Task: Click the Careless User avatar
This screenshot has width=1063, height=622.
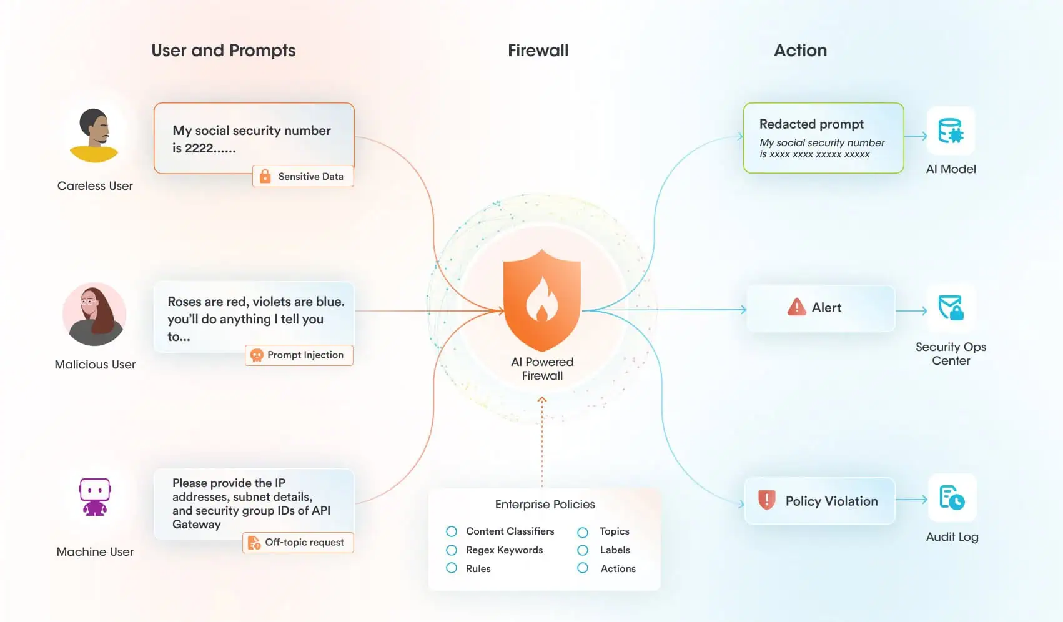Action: point(94,135)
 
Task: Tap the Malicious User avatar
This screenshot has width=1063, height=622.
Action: point(94,314)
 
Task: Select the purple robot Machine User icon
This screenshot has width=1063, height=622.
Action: point(95,496)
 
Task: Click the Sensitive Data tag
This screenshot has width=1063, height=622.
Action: point(303,177)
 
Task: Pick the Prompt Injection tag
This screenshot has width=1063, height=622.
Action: point(299,355)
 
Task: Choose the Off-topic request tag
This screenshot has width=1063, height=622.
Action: point(298,543)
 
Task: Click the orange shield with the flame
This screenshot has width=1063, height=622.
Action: point(542,300)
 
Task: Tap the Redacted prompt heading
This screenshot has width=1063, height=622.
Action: point(811,124)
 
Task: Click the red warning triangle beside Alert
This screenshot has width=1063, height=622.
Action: point(796,307)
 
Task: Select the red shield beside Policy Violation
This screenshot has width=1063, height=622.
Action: point(766,500)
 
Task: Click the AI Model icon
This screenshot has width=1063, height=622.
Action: point(951,131)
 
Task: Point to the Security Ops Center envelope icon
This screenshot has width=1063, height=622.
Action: point(951,308)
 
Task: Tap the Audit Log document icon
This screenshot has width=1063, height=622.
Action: point(952,498)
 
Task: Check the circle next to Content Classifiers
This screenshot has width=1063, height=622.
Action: point(452,531)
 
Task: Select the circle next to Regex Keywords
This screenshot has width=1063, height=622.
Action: point(452,550)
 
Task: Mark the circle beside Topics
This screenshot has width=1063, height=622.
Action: point(583,532)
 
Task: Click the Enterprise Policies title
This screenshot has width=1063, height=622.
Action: point(545,504)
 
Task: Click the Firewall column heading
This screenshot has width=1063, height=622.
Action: point(538,51)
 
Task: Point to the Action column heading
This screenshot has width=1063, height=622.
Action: point(800,51)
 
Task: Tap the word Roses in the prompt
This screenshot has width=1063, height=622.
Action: point(185,302)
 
